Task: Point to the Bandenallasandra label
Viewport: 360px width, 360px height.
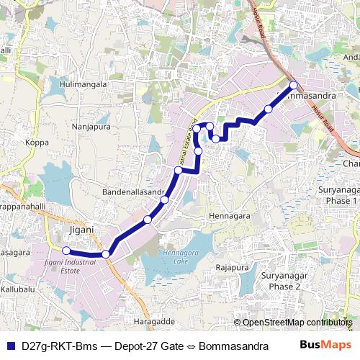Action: (133, 193)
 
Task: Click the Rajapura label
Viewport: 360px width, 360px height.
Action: (232, 268)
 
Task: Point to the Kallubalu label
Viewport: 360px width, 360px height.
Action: (18, 289)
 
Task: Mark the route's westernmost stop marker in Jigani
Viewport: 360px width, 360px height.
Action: (66, 251)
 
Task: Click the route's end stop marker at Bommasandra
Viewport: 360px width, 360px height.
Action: (293, 86)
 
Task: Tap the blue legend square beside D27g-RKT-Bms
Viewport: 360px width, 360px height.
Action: (11, 346)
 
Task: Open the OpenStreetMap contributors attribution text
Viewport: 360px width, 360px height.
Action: (297, 323)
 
